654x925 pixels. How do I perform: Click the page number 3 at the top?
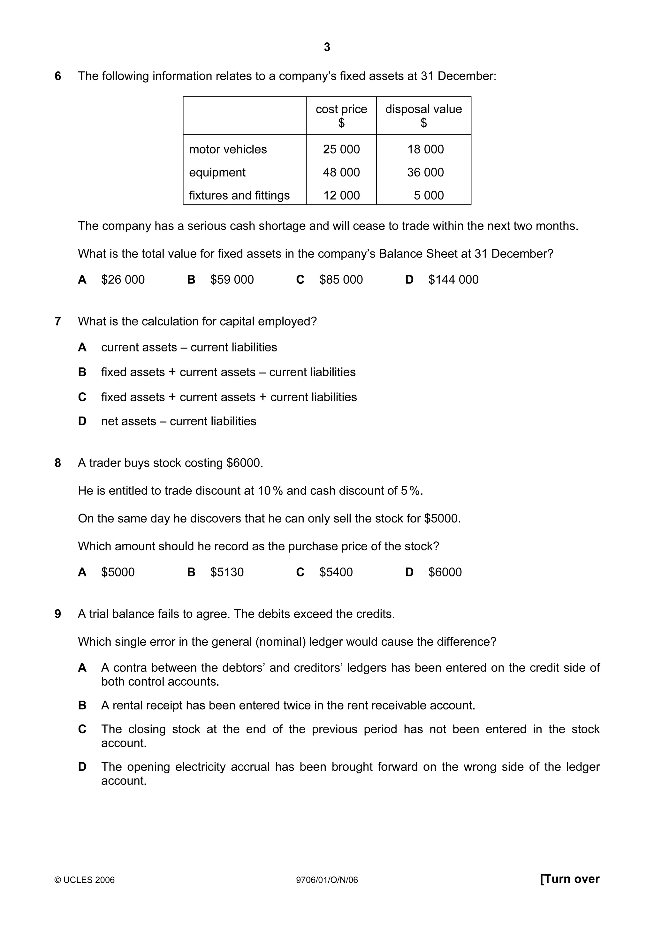click(327, 47)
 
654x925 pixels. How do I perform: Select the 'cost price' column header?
click(341, 109)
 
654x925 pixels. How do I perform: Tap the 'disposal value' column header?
click(423, 109)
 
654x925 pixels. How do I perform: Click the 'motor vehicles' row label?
click(228, 149)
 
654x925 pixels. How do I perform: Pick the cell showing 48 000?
click(341, 172)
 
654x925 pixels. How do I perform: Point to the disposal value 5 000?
click(428, 195)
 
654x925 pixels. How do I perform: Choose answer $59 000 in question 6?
click(232, 280)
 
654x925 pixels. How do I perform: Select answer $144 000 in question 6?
click(453, 280)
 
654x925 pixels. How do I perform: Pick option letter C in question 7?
click(82, 397)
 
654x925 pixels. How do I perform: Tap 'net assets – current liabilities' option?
click(179, 421)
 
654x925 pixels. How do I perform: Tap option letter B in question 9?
click(82, 705)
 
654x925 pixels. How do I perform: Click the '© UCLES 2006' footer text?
click(85, 880)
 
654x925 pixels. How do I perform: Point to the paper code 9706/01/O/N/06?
click(327, 880)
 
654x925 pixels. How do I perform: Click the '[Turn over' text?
click(569, 879)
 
